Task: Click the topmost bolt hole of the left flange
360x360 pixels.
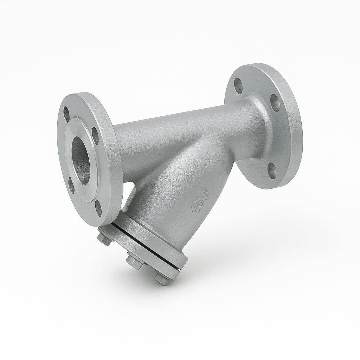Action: coord(66,114)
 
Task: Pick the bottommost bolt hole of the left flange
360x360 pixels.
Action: coord(98,208)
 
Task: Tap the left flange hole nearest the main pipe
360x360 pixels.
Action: coord(95,135)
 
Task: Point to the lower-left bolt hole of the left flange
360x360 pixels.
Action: coord(71,186)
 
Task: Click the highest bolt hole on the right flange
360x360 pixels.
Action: coord(238,85)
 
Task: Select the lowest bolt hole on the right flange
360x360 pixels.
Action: coord(272,169)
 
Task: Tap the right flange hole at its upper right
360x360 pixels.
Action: coord(275,103)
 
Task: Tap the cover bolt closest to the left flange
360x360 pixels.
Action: coord(104,239)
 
